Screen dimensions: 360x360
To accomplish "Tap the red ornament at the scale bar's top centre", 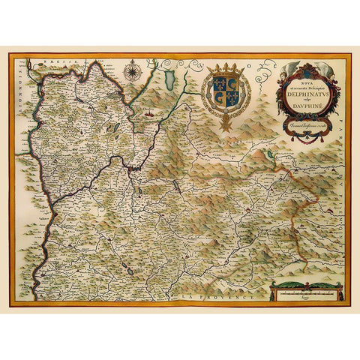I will (x=306, y=282).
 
